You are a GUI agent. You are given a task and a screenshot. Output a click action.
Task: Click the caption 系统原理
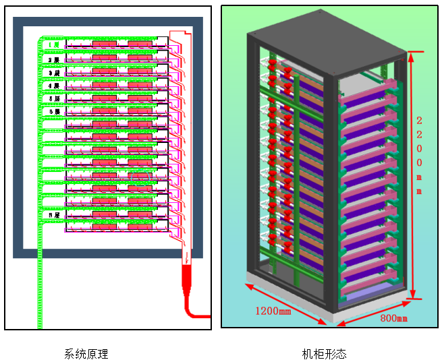[x=86, y=354]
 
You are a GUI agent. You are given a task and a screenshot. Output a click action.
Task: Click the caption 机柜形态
[x=324, y=354]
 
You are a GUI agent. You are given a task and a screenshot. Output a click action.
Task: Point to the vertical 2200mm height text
[x=419, y=155]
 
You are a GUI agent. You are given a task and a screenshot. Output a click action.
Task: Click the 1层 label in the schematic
[x=54, y=45]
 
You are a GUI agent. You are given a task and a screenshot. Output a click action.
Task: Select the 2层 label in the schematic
[x=54, y=60]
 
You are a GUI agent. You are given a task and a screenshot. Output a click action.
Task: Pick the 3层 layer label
[x=54, y=73]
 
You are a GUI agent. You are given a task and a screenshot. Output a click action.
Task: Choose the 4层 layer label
[x=54, y=86]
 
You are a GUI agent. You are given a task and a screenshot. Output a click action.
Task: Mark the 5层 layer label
[x=54, y=98]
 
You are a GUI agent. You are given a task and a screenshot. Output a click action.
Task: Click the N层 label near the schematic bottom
[x=54, y=214]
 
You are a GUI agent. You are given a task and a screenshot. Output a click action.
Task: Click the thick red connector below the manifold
[x=187, y=283]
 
